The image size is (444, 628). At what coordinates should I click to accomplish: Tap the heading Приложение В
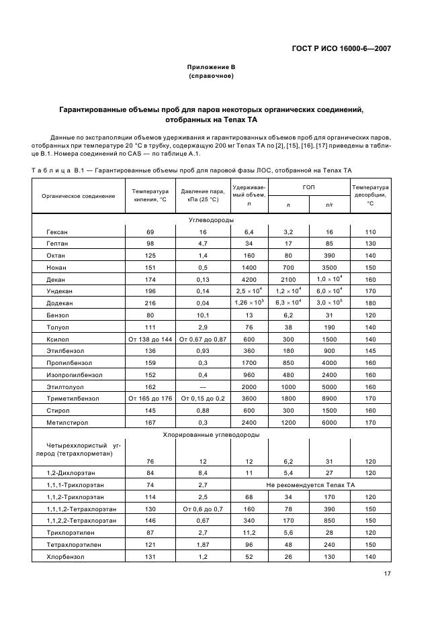point(211,67)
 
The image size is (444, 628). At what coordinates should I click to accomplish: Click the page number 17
point(388,574)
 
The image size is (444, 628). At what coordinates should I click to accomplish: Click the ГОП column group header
point(308,187)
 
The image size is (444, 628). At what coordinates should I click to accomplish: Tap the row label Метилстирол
point(65,424)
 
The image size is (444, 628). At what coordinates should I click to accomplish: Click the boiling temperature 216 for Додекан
point(150,303)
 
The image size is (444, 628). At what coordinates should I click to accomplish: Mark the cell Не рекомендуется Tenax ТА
point(310,484)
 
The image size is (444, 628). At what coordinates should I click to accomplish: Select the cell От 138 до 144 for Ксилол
point(150,339)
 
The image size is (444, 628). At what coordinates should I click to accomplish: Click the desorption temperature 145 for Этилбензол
point(370,352)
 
